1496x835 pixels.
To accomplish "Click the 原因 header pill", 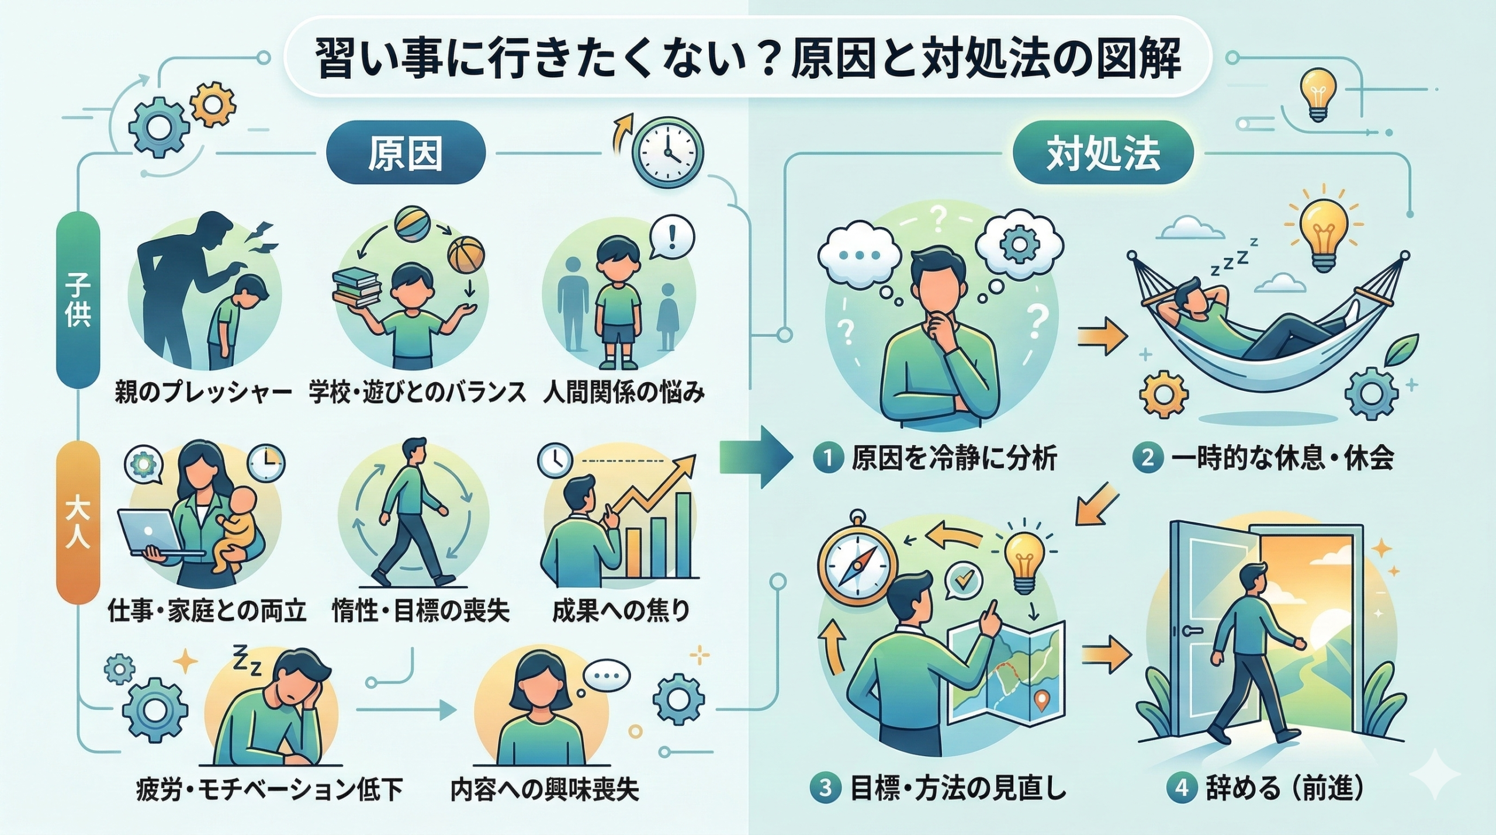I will coord(405,154).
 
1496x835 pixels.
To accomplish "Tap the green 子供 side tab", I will coord(78,300).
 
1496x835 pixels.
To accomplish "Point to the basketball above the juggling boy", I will coord(466,255).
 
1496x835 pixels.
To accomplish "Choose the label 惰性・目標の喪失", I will coord(421,611).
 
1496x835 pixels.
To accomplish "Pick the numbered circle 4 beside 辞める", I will coord(1181,788).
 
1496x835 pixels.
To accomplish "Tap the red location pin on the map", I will coord(1040,698).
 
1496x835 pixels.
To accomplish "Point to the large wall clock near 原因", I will coord(669,152).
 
